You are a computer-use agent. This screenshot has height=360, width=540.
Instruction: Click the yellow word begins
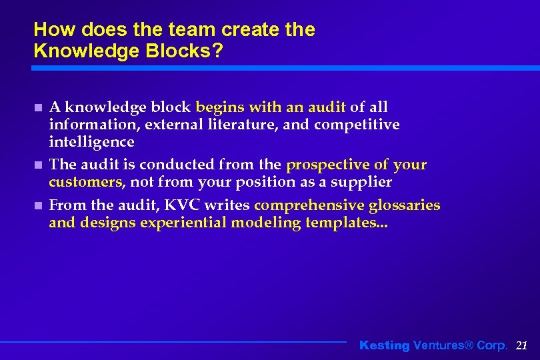[220, 107]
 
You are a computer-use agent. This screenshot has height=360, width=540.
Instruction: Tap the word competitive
[357, 125]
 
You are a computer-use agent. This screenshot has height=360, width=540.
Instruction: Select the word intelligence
[91, 142]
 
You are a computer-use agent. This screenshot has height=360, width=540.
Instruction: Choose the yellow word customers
[85, 182]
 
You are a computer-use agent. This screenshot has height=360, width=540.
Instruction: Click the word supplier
[365, 182]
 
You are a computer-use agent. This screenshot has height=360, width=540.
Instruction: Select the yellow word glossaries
[404, 205]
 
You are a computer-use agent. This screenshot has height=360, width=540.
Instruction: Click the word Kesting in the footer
[384, 345]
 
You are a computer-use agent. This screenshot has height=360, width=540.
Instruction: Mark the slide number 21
[522, 345]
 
